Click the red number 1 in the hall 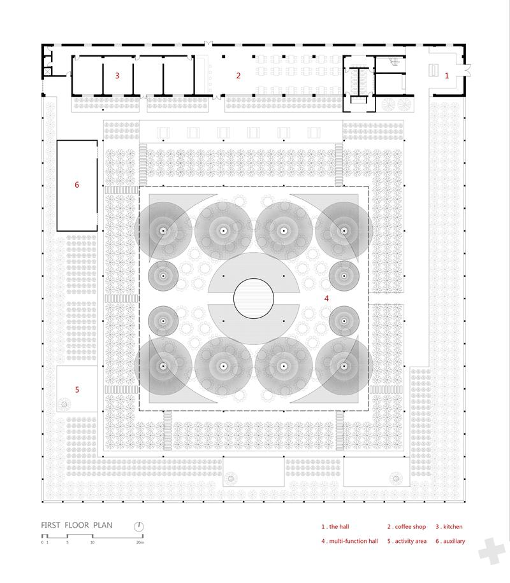447,76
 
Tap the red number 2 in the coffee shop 238,76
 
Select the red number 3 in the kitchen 117,76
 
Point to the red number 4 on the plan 326,299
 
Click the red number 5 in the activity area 77,390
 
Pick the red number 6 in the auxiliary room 76,185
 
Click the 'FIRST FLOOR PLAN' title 76,525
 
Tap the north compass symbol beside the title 138,526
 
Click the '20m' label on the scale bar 140,542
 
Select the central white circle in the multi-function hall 254,299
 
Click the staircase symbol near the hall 394,62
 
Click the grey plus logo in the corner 492,551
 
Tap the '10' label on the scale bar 92,542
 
